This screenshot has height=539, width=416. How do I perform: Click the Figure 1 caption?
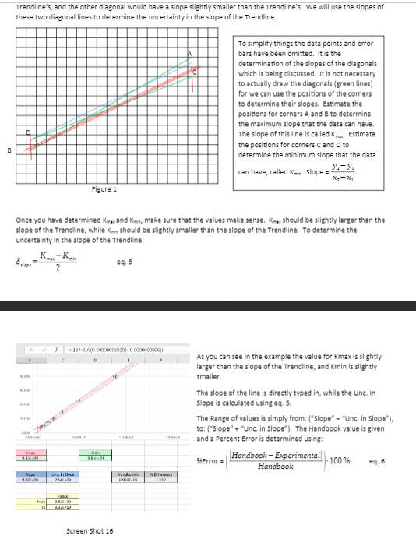(104, 189)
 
